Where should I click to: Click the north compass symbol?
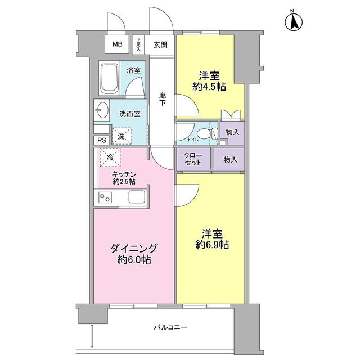(x=294, y=21)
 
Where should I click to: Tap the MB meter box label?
(x=118, y=44)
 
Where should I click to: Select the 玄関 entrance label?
(x=160, y=45)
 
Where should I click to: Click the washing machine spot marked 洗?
(x=121, y=136)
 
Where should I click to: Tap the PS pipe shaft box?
(x=102, y=140)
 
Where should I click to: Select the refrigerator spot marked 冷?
(x=110, y=157)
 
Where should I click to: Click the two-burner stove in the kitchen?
(x=105, y=197)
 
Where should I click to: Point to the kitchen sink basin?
(x=137, y=197)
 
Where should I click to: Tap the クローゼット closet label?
(x=193, y=159)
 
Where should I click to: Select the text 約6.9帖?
(x=212, y=245)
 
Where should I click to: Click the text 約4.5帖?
(x=209, y=87)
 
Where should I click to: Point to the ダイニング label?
(x=134, y=249)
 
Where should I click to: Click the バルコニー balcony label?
(x=170, y=327)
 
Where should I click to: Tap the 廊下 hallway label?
(x=162, y=99)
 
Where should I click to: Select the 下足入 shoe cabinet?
(x=138, y=45)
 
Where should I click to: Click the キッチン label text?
(x=124, y=174)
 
